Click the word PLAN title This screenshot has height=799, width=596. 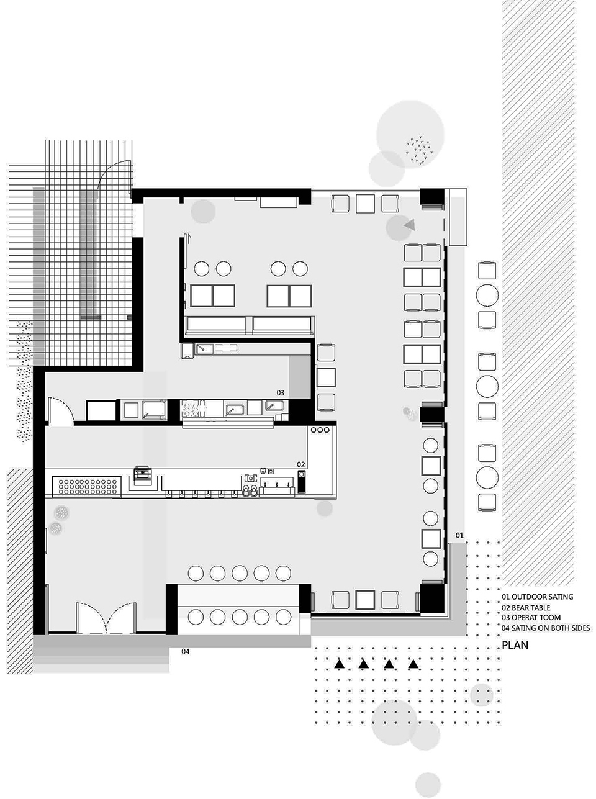515,645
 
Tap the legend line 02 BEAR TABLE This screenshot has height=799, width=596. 526,608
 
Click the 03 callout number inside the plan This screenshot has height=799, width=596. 280,393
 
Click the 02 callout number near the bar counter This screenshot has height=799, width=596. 300,464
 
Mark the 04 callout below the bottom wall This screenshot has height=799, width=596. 186,652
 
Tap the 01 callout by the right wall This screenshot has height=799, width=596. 459,535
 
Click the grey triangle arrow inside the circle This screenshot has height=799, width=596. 410,225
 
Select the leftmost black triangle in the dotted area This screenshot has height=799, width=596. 340,664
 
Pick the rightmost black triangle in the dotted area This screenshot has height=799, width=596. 413,664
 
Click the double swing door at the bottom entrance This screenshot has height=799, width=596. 106,617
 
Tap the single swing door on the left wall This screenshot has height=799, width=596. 61,412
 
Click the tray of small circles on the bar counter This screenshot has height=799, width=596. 87,487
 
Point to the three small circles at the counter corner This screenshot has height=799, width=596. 320,430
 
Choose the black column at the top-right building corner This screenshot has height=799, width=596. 432,197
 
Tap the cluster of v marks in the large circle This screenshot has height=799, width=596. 420,150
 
